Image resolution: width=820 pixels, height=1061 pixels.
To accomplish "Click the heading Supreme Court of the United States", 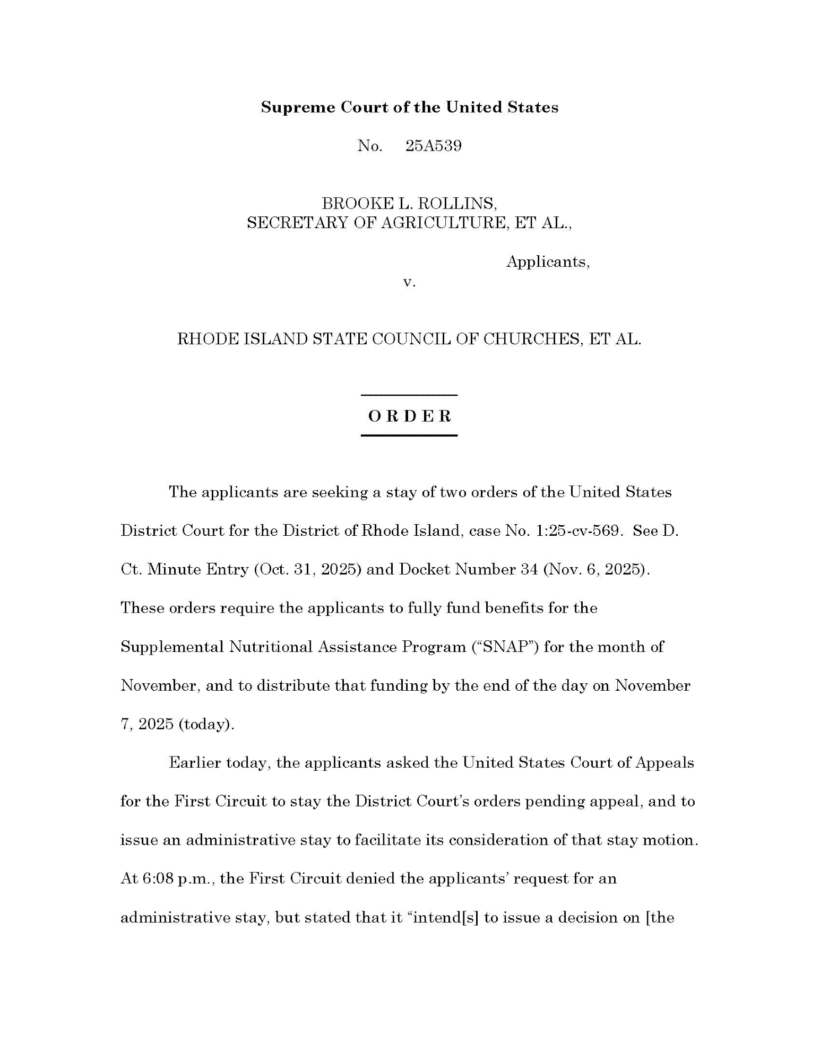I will [x=409, y=107].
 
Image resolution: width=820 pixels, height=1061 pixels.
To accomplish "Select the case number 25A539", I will [x=433, y=146].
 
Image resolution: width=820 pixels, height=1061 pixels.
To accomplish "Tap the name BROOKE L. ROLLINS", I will [x=409, y=203].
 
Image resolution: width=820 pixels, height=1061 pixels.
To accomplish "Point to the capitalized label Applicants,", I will [x=548, y=262].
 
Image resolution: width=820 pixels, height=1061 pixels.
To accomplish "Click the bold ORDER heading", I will [x=409, y=416].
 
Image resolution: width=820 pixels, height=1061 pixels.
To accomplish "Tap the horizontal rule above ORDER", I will [x=409, y=395].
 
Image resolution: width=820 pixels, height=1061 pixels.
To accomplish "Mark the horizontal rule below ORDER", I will [x=409, y=436].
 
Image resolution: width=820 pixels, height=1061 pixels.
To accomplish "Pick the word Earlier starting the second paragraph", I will [x=195, y=763].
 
